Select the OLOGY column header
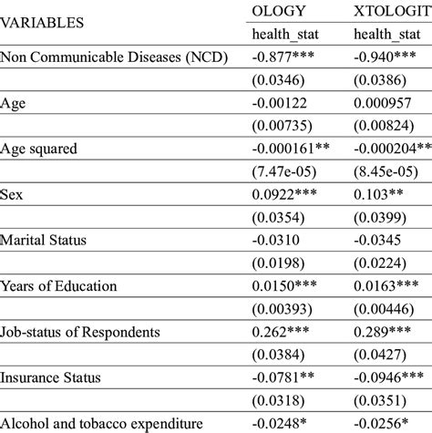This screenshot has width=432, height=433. point(283,11)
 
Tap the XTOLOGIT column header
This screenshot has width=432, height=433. point(389,11)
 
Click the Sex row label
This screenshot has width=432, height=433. point(13,195)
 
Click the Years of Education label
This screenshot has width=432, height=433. point(59,286)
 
